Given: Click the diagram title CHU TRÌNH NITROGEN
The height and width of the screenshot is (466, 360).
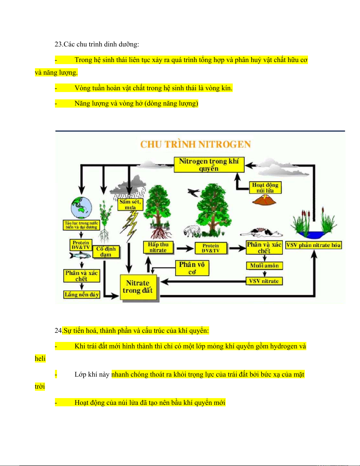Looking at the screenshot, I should (x=195, y=144).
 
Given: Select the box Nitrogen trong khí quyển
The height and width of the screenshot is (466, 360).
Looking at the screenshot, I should (x=209, y=165).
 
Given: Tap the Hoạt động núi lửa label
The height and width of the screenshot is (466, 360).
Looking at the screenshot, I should (x=265, y=188).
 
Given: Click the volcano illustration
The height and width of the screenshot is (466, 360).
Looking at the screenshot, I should (x=264, y=200).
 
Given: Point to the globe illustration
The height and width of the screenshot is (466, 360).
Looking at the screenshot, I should (x=81, y=208).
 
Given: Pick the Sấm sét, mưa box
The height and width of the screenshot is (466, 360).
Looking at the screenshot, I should (x=130, y=204).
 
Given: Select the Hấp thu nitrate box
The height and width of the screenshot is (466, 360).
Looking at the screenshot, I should (x=158, y=247).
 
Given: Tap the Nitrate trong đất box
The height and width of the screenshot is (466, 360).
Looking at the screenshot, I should (x=138, y=287).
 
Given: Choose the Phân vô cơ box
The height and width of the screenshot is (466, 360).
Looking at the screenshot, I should (x=192, y=268).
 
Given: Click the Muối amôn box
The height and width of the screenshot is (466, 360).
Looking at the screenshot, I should (x=264, y=265).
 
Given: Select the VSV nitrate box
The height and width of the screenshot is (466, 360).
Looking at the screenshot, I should (x=264, y=281).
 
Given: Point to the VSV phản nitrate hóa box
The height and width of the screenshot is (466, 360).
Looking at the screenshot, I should (x=313, y=245).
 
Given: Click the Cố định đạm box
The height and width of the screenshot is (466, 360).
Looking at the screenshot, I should (x=106, y=252).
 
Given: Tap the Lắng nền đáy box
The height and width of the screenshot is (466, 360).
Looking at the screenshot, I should (x=82, y=295).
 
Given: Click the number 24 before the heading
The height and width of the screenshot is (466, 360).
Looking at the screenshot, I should (x=58, y=330).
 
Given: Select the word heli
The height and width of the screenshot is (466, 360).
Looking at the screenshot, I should (x=40, y=359).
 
